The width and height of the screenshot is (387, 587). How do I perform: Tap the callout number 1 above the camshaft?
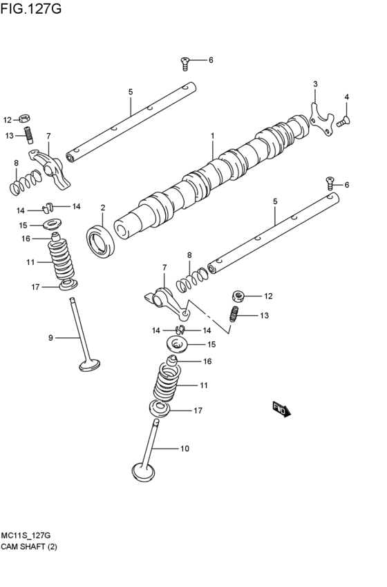(x=213, y=136)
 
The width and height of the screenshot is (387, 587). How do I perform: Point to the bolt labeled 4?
(x=343, y=122)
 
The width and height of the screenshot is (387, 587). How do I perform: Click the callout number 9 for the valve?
(x=50, y=337)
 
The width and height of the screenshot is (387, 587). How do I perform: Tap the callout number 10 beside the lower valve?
(x=185, y=449)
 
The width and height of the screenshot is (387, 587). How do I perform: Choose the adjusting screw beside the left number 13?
(x=28, y=135)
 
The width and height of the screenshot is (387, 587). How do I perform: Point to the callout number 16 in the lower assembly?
(x=207, y=361)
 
